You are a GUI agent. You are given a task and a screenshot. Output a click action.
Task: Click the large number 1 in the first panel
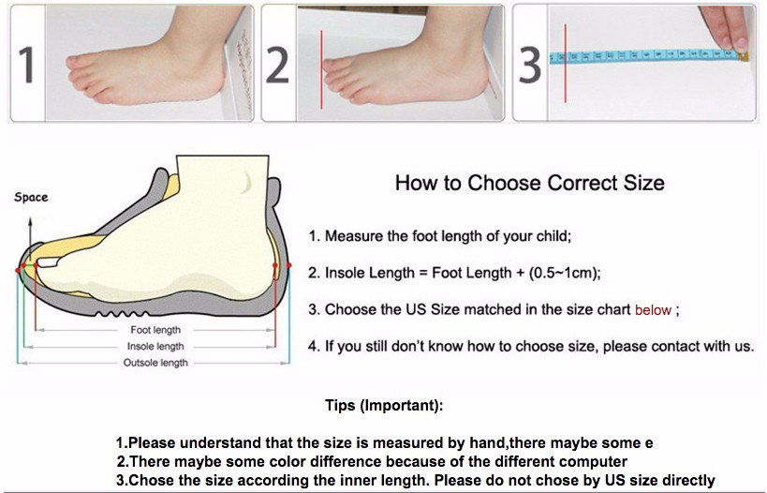(x=26, y=65)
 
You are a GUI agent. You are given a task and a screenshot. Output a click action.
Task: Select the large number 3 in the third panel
(x=530, y=65)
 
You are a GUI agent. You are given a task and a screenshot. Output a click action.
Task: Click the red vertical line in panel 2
(x=321, y=69)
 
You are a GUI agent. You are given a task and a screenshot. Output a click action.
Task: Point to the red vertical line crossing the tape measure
(x=565, y=63)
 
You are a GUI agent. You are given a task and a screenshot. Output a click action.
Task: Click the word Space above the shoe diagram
(x=31, y=198)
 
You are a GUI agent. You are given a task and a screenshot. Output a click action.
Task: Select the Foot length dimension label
(x=155, y=330)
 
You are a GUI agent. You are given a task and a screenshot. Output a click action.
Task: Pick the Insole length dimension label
(x=155, y=346)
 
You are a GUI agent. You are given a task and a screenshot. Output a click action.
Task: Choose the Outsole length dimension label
(x=155, y=363)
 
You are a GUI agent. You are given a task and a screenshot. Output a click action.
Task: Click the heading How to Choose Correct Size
(x=530, y=183)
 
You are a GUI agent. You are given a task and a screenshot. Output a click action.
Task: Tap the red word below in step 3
(x=653, y=310)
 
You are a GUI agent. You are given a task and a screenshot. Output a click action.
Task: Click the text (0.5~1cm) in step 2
(x=565, y=273)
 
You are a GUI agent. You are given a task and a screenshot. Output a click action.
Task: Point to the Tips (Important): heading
(x=384, y=406)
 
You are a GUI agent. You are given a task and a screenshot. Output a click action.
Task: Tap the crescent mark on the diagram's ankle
(x=247, y=183)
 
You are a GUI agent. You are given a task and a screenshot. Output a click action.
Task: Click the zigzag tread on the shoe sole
(x=123, y=313)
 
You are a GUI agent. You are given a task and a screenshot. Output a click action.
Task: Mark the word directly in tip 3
(x=690, y=480)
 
